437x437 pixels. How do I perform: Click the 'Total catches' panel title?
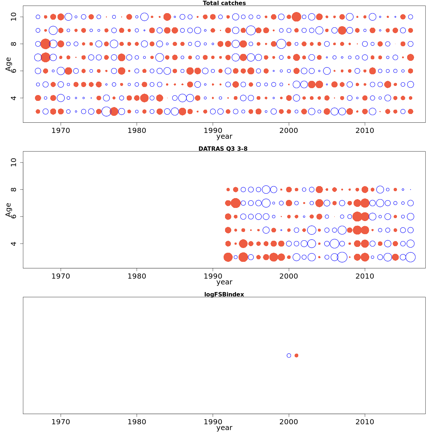pyautogui.click(x=224, y=3)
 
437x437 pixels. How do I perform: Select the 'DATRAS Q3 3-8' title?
pyautogui.click(x=223, y=149)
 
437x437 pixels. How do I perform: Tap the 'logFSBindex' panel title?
pyautogui.click(x=224, y=294)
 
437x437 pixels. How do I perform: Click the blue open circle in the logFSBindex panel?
pyautogui.click(x=289, y=355)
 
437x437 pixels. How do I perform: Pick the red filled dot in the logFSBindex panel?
pyautogui.click(x=296, y=355)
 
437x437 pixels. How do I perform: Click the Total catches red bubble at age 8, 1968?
pyautogui.click(x=46, y=44)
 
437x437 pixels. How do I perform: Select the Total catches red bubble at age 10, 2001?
pyautogui.click(x=296, y=17)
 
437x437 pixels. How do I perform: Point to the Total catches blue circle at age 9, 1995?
pyautogui.click(x=251, y=30)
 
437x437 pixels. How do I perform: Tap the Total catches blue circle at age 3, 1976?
pyautogui.click(x=106, y=111)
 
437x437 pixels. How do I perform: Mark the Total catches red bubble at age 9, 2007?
pyautogui.click(x=342, y=30)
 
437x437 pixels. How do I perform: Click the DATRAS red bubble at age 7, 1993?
pyautogui.click(x=236, y=203)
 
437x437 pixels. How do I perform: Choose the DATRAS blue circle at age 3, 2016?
pyautogui.click(x=410, y=257)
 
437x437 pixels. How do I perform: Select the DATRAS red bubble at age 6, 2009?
pyautogui.click(x=357, y=216)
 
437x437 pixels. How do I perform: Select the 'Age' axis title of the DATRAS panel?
pyautogui.click(x=9, y=210)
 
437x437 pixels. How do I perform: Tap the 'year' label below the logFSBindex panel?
pyautogui.click(x=224, y=428)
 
